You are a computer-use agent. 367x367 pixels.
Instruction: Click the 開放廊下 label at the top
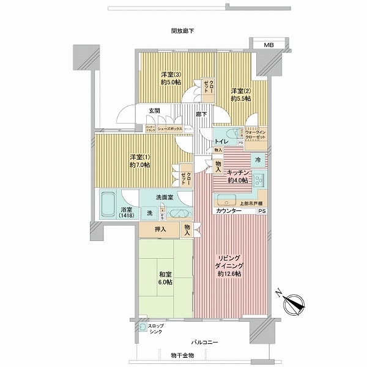pyautogui.click(x=183, y=31)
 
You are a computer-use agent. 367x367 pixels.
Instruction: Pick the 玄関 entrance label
pyautogui.click(x=154, y=111)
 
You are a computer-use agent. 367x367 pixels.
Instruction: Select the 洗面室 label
pyautogui.click(x=164, y=197)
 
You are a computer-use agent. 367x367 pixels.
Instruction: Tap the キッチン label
pyautogui.click(x=237, y=176)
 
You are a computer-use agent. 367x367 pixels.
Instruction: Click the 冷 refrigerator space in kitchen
pyautogui.click(x=258, y=160)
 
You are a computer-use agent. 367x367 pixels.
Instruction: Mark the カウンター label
pyautogui.click(x=228, y=211)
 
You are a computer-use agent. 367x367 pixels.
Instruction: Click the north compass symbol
pyautogui.click(x=292, y=302)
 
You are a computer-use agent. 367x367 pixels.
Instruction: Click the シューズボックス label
pyautogui.click(x=170, y=128)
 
